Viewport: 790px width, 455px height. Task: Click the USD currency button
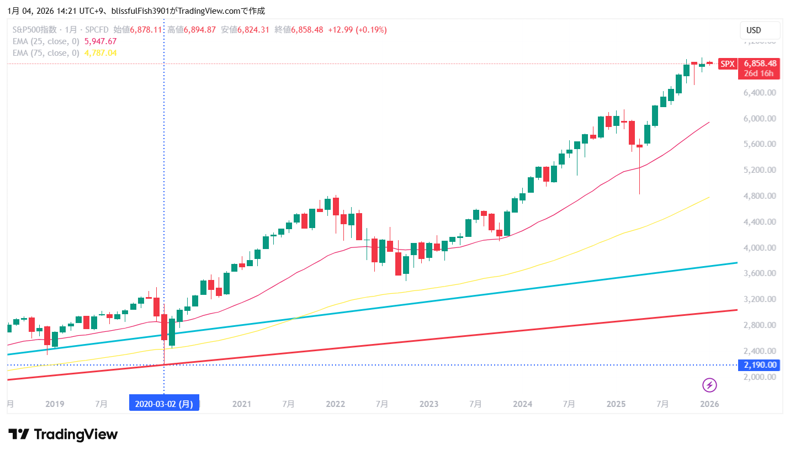tap(760, 30)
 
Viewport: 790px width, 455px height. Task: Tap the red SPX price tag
tap(728, 64)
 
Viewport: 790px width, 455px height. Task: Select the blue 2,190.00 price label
tap(760, 365)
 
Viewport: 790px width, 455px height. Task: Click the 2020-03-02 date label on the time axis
tap(164, 404)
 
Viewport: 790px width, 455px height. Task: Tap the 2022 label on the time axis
tap(335, 404)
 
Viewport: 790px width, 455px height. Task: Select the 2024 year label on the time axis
tap(522, 404)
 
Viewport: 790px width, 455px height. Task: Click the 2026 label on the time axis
tap(709, 404)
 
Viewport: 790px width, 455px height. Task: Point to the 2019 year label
tap(54, 404)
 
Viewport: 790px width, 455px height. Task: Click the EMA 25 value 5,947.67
tap(100, 41)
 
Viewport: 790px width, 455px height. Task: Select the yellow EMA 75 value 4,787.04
tap(100, 53)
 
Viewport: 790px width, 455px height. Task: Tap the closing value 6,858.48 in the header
tap(307, 30)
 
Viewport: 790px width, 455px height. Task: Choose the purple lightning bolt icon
tap(709, 385)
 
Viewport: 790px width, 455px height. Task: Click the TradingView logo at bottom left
tap(63, 435)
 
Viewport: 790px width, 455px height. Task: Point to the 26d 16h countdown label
tap(759, 73)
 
